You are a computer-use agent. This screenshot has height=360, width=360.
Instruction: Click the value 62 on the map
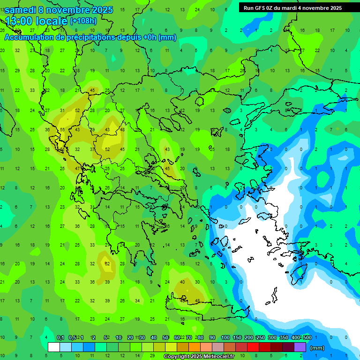point(107,264)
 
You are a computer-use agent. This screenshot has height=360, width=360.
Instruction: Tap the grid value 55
point(62,130)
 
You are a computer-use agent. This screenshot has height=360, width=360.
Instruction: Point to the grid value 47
point(77,168)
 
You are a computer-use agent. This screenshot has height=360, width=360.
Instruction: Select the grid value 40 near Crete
point(182,282)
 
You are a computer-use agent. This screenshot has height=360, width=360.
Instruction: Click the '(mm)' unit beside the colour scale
point(317,348)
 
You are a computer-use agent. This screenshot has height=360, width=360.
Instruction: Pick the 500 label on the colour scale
point(307,337)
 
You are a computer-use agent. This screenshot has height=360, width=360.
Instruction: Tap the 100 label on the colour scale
point(225,337)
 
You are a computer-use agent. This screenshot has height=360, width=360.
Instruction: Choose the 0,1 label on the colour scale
point(60,337)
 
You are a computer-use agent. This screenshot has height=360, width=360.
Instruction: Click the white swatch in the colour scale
point(54,347)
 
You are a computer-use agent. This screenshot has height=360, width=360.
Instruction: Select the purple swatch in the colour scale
point(300,347)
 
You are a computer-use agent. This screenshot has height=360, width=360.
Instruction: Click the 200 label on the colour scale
point(249,337)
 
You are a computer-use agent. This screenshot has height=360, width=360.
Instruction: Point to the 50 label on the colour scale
point(165,337)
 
